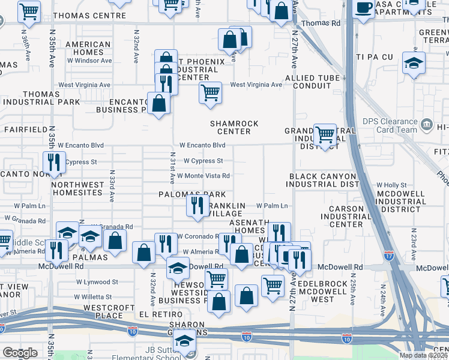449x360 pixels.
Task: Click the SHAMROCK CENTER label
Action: (x=234, y=128)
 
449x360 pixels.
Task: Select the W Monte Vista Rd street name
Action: (x=203, y=176)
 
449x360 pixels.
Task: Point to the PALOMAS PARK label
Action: (x=192, y=194)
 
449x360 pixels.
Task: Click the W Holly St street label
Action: (x=391, y=185)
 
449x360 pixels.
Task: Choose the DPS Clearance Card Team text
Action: (x=390, y=125)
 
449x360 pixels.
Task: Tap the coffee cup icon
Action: (x=363, y=8)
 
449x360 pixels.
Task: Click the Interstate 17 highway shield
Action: (x=389, y=254)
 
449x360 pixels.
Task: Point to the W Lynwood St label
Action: (x=96, y=281)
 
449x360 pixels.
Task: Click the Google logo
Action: (x=20, y=353)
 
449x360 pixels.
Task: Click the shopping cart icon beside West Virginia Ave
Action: (x=210, y=92)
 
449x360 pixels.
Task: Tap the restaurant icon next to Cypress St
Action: (x=54, y=162)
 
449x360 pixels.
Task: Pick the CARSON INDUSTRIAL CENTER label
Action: (x=342, y=217)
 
